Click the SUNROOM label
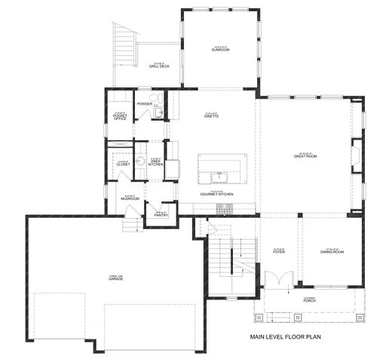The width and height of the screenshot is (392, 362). (220, 49)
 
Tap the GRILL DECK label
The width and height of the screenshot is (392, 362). (158, 66)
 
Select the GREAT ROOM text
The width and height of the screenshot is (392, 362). (305, 155)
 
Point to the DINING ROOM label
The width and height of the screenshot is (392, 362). (332, 251)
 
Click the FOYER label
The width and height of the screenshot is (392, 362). (278, 251)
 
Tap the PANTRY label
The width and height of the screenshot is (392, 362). (161, 214)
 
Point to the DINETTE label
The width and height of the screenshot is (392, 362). (212, 116)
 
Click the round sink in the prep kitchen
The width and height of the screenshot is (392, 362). (141, 161)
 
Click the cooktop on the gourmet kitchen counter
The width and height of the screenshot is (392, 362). (225, 210)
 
